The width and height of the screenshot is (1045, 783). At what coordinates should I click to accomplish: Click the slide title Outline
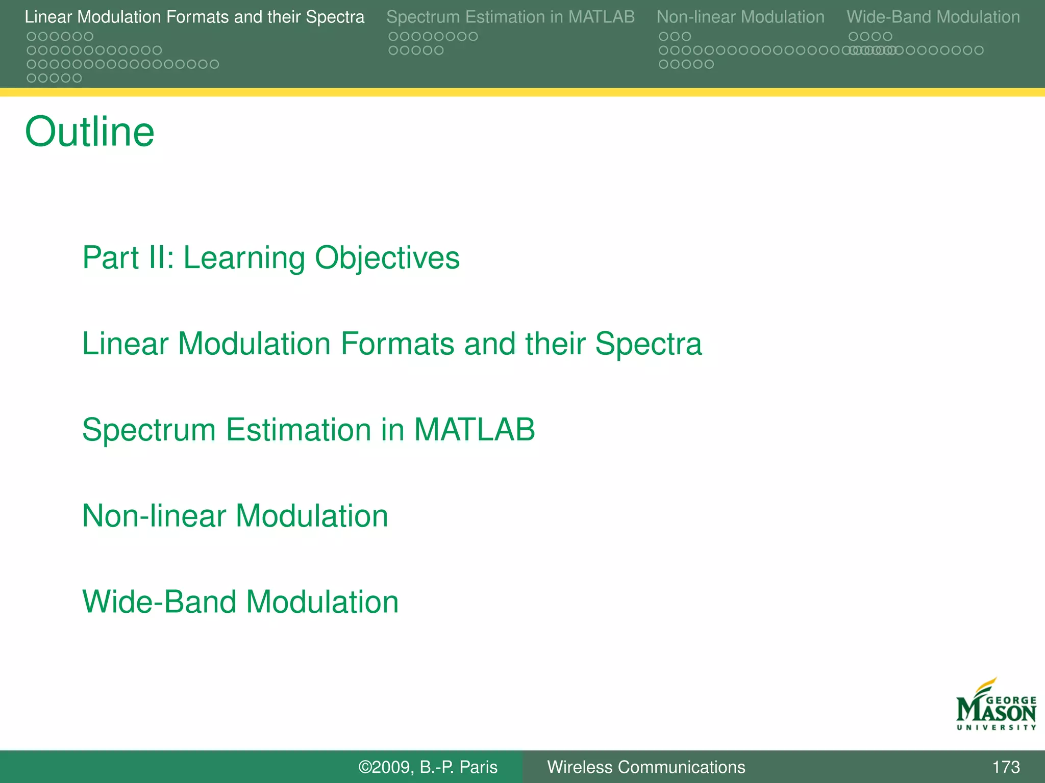coord(89,132)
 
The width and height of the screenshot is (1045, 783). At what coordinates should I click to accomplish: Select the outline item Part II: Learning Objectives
coord(270,257)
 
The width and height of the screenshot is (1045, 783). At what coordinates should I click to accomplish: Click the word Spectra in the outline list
coord(648,344)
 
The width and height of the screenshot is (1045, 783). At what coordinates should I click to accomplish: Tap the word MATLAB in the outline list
coord(474,430)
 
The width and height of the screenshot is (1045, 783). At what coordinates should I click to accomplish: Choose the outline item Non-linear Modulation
coord(235,516)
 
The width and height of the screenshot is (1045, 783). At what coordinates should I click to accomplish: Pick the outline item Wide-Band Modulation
coord(240,602)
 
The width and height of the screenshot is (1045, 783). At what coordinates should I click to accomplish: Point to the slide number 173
coord(1006,767)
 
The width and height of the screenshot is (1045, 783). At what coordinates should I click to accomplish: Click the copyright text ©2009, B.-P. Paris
coord(428,767)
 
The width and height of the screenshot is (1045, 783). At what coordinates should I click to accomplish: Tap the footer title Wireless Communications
coord(646,767)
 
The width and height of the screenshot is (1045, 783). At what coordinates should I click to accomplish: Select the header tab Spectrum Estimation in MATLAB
coord(510,17)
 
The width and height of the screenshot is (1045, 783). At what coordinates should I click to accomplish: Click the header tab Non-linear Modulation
coord(740,17)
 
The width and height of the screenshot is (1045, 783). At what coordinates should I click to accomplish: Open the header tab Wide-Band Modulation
coord(933,17)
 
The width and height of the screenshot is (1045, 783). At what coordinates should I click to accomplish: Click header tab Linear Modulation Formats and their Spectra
coord(194,17)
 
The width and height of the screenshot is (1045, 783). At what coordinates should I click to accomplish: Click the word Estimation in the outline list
coord(298,430)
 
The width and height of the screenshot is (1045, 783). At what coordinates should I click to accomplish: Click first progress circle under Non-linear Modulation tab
coord(663,37)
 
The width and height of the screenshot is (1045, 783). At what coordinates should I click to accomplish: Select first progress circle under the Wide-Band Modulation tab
coord(853,37)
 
